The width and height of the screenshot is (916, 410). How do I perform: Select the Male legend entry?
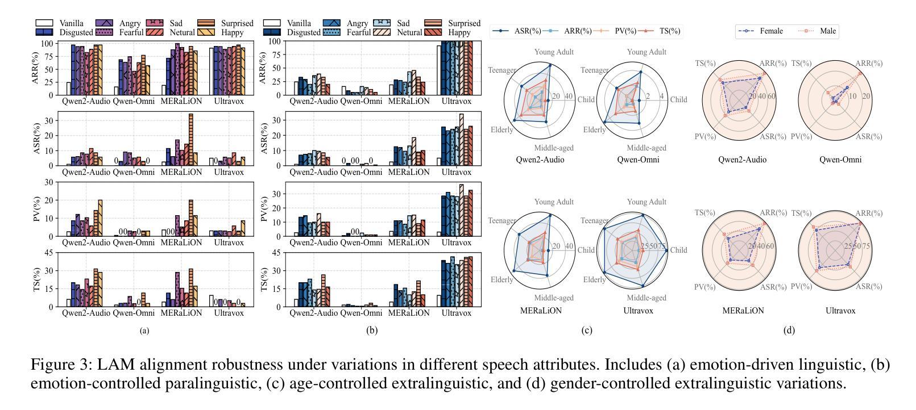827,31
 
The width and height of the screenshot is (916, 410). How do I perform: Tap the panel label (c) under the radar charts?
587,330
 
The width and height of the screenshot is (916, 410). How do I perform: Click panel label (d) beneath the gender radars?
789,330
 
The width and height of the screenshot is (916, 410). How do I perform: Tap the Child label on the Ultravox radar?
678,250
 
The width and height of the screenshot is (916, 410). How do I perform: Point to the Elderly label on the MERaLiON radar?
501,280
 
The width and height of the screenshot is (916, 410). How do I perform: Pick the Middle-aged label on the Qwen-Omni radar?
646,148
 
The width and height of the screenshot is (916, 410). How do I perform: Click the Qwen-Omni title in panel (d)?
840,160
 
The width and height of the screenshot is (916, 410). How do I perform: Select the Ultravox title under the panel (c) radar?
638,311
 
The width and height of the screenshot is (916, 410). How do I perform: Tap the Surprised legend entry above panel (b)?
465,23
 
